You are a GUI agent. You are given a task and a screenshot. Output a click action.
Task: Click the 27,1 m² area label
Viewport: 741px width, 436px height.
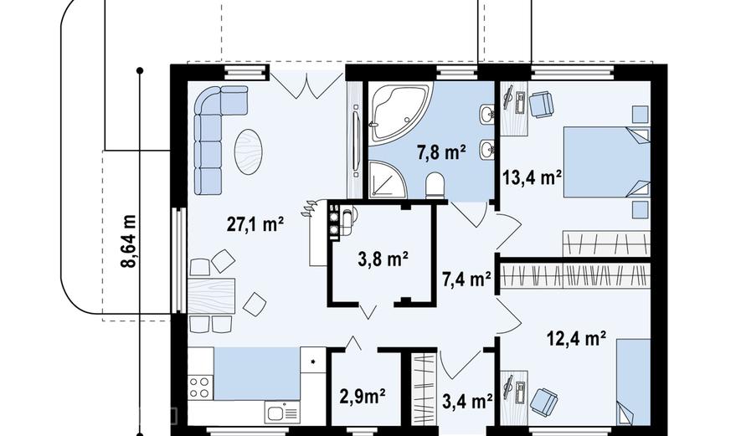click(255, 224)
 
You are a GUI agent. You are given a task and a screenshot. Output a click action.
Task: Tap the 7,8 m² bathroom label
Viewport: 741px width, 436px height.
click(441, 152)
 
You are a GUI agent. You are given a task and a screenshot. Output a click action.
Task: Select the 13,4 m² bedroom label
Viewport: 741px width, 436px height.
click(532, 177)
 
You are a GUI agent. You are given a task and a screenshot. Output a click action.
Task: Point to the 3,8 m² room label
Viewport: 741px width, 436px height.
click(383, 259)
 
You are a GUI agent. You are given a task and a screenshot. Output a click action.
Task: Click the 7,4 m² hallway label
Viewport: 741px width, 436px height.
click(466, 280)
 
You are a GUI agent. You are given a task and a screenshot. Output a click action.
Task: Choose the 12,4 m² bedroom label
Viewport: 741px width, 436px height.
click(577, 338)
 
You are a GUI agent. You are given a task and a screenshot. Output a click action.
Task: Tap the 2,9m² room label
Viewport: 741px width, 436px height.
click(363, 396)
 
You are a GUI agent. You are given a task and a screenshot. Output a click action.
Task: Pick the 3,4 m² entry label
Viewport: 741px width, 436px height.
click(467, 401)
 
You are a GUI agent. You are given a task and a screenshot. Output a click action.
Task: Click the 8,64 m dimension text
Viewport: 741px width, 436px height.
click(129, 241)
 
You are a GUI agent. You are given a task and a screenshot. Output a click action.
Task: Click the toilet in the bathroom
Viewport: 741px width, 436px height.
click(435, 185)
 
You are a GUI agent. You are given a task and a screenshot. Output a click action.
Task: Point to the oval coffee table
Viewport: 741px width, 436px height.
click(249, 151)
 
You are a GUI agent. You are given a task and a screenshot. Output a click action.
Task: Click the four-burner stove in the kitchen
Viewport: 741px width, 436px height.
click(200, 387)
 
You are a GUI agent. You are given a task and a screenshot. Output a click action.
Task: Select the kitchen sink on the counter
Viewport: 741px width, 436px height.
click(282, 413)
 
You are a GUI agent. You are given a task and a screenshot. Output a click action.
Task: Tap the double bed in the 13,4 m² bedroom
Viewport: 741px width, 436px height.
click(607, 162)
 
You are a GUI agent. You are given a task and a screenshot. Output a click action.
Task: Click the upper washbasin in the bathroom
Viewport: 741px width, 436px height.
click(486, 114)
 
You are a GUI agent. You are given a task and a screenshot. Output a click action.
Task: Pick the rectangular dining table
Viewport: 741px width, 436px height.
click(211, 296)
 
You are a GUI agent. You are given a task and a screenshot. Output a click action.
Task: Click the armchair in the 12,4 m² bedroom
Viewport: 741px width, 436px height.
click(543, 401)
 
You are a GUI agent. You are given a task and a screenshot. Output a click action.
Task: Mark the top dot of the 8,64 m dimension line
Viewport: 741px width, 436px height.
click(140, 71)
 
